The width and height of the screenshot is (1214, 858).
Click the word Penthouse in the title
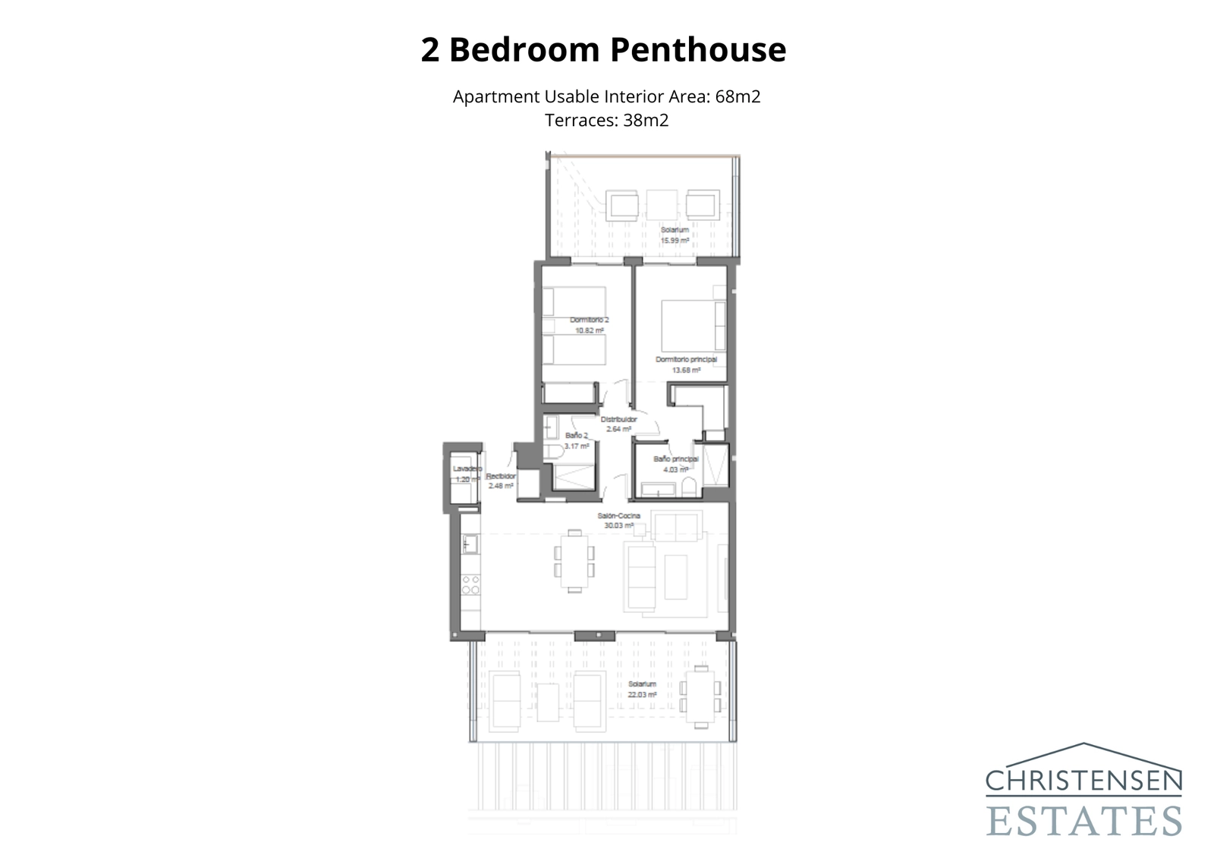pyautogui.click(x=698, y=50)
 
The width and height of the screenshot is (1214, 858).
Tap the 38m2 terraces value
pyautogui.click(x=646, y=121)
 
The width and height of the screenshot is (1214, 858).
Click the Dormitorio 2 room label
pyautogui.click(x=589, y=320)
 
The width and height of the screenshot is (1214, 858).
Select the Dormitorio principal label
pyautogui.click(x=686, y=360)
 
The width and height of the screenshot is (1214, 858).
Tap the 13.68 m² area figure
pyautogui.click(x=686, y=370)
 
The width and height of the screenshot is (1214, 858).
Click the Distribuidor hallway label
pyautogui.click(x=618, y=420)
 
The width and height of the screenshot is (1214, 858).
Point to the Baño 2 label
pyautogui.click(x=577, y=435)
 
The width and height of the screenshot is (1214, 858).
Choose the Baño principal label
pyautogui.click(x=675, y=459)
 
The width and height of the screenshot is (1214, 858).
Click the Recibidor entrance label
pyautogui.click(x=501, y=476)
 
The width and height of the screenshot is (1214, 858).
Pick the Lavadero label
pyautogui.click(x=467, y=469)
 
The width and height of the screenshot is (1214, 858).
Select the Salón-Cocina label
pyautogui.click(x=618, y=516)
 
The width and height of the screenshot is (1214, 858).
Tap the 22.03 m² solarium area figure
pyautogui.click(x=642, y=694)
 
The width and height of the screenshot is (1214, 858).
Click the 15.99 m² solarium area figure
pyautogui.click(x=675, y=240)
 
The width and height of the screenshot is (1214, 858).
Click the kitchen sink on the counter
pyautogui.click(x=470, y=544)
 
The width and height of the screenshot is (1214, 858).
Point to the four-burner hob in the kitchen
pyautogui.click(x=470, y=585)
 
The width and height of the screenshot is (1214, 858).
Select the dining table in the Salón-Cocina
pyautogui.click(x=574, y=561)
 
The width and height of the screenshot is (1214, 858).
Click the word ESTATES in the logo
pyautogui.click(x=1083, y=821)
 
